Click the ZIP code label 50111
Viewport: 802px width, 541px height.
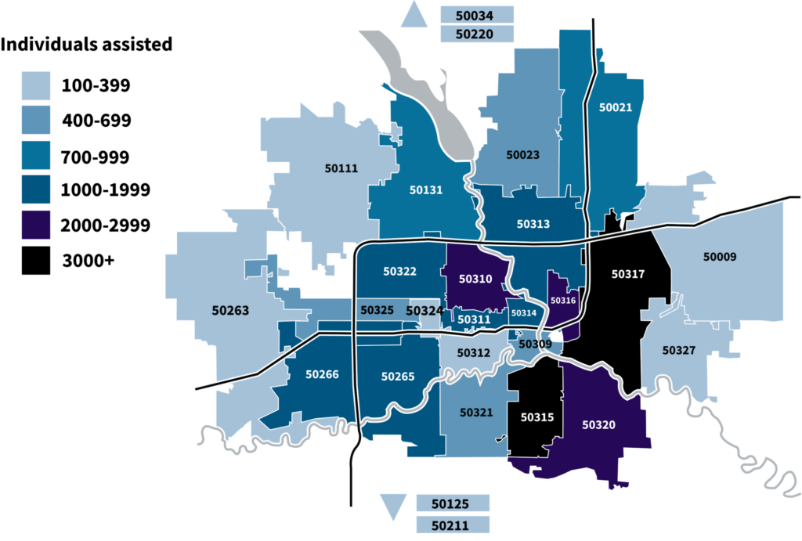coord(341,168)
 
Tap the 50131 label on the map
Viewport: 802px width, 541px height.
coord(426,189)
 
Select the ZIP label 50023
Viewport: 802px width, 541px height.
coord(522,155)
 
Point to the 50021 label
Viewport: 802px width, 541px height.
coord(615,108)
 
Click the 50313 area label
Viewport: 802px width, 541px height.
coord(533,224)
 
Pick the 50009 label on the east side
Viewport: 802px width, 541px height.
coord(720,256)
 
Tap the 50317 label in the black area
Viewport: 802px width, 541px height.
coord(627,274)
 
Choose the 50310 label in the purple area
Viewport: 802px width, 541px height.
coord(475,279)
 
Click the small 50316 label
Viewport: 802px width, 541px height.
coord(563,300)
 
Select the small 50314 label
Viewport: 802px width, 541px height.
coord(523,313)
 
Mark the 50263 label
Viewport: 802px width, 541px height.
coord(230,311)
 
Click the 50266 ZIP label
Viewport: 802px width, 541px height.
coord(322,374)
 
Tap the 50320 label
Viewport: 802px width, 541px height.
coord(599,424)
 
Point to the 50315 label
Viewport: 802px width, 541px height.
coord(537,417)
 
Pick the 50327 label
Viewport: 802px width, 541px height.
coord(678,350)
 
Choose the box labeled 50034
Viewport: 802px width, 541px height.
coord(476,14)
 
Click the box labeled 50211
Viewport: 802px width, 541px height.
coord(452,524)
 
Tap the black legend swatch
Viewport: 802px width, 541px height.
coord(35,260)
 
